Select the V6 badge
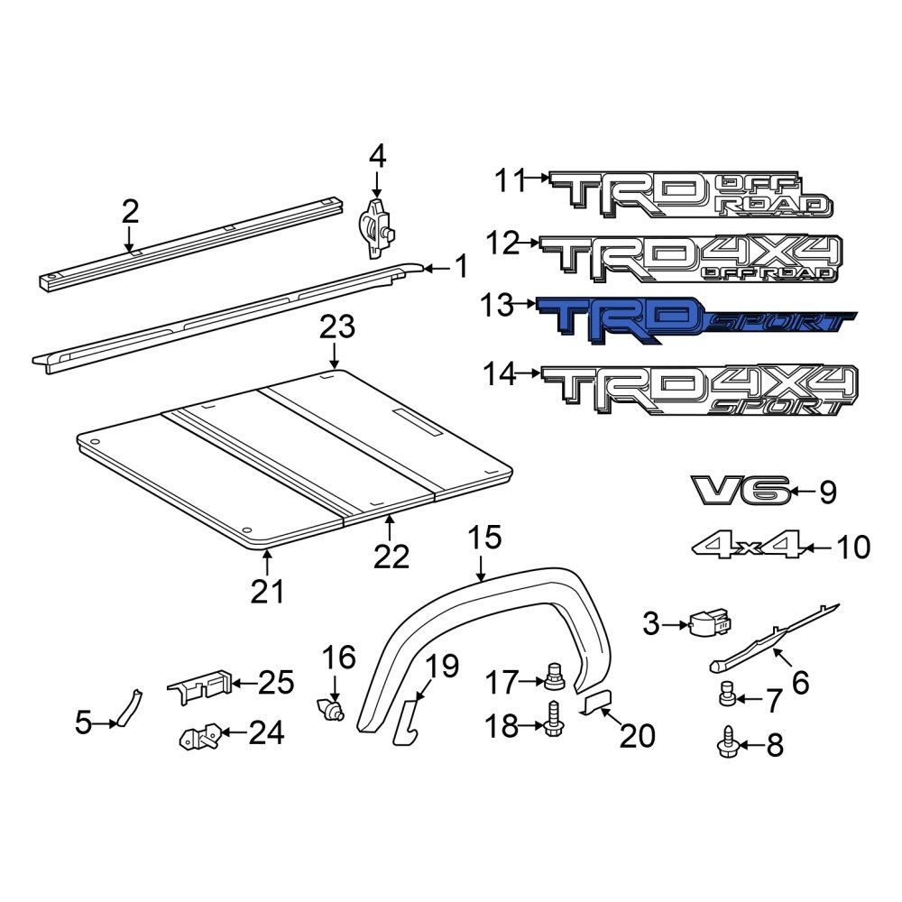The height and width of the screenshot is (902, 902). click(x=741, y=491)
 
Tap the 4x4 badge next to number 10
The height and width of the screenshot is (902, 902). click(x=747, y=546)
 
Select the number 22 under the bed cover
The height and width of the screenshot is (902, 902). click(x=391, y=557)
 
